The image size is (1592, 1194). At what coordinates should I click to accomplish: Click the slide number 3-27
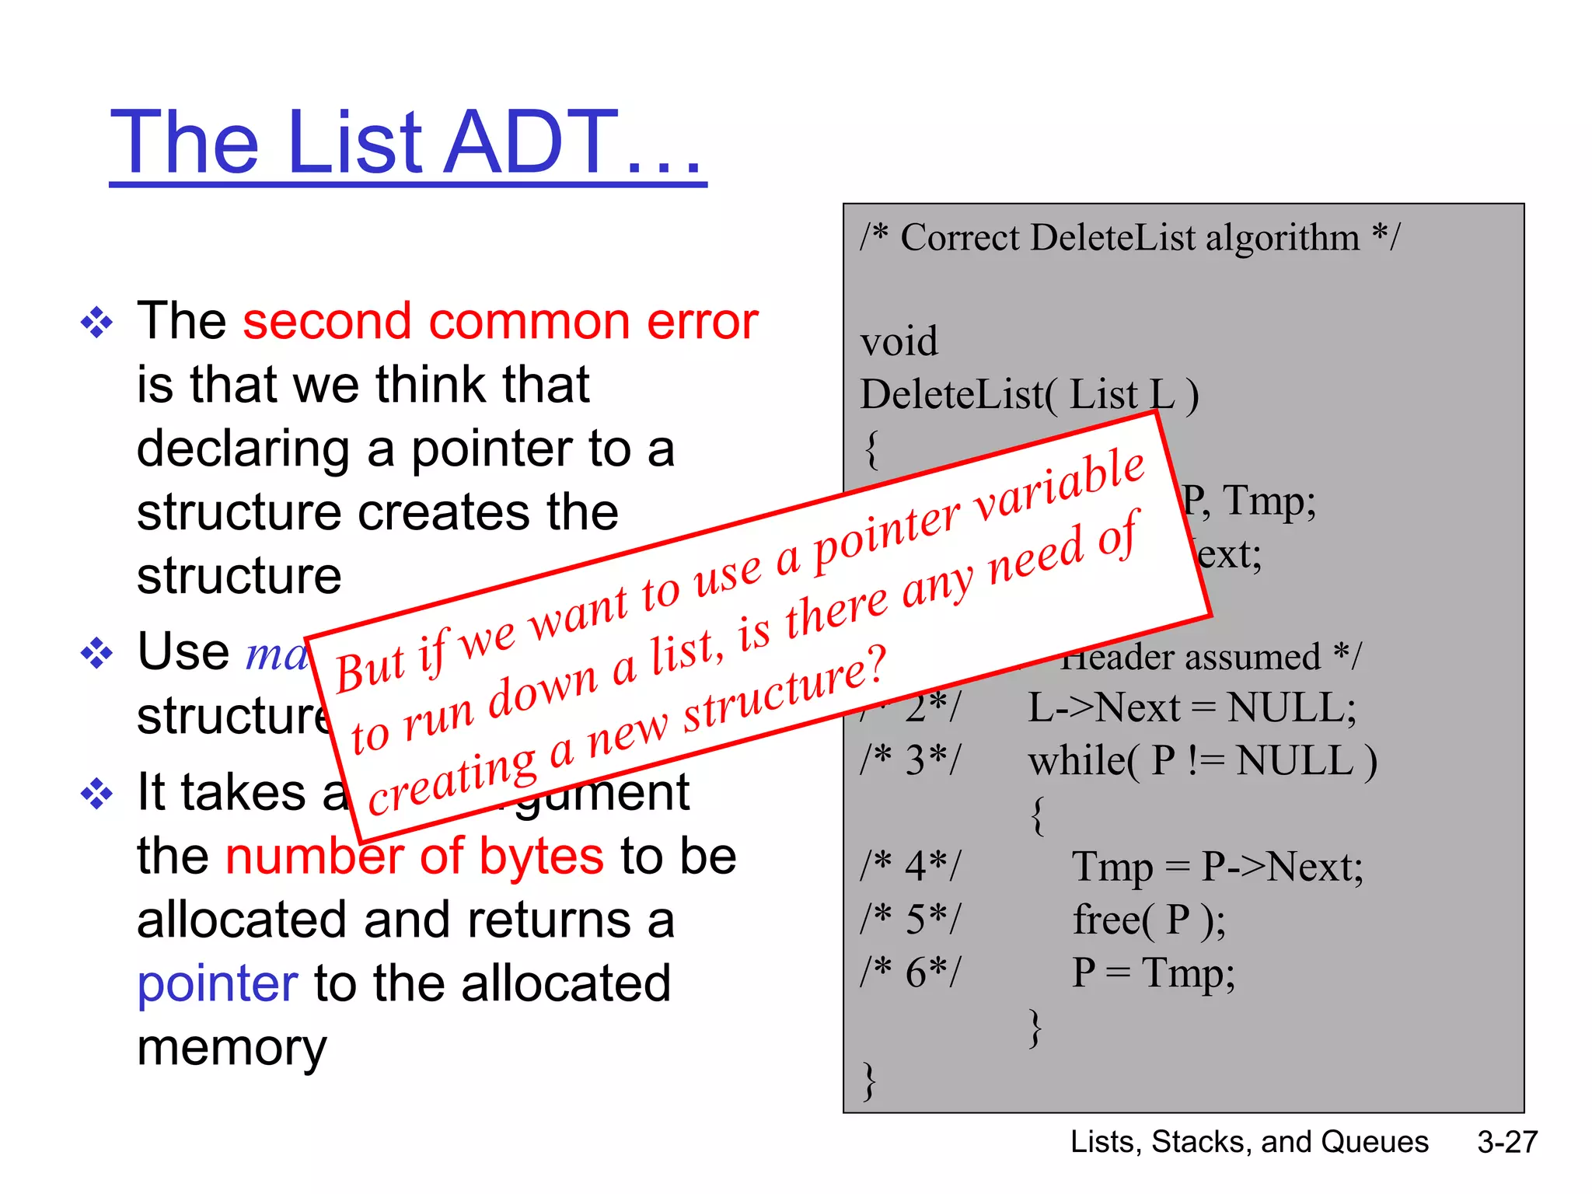(1507, 1142)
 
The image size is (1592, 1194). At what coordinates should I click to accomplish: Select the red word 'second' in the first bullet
(326, 322)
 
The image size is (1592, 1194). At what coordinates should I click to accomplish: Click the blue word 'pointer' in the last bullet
(218, 983)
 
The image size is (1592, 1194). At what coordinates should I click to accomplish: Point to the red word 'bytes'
(541, 857)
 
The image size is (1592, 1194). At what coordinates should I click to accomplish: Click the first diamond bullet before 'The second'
(96, 323)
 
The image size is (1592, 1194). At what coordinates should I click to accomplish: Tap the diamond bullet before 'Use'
(96, 653)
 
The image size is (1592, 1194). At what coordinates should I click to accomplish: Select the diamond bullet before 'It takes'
(96, 794)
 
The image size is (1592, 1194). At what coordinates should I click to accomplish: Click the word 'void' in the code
(899, 342)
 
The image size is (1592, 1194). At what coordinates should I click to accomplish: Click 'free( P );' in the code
(1149, 920)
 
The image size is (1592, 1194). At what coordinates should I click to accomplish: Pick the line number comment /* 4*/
(910, 867)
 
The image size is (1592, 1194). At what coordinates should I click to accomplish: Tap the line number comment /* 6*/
(910, 973)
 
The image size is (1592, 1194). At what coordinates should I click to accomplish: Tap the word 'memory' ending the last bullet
(232, 1049)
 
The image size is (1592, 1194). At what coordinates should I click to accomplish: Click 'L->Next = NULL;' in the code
(1192, 708)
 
